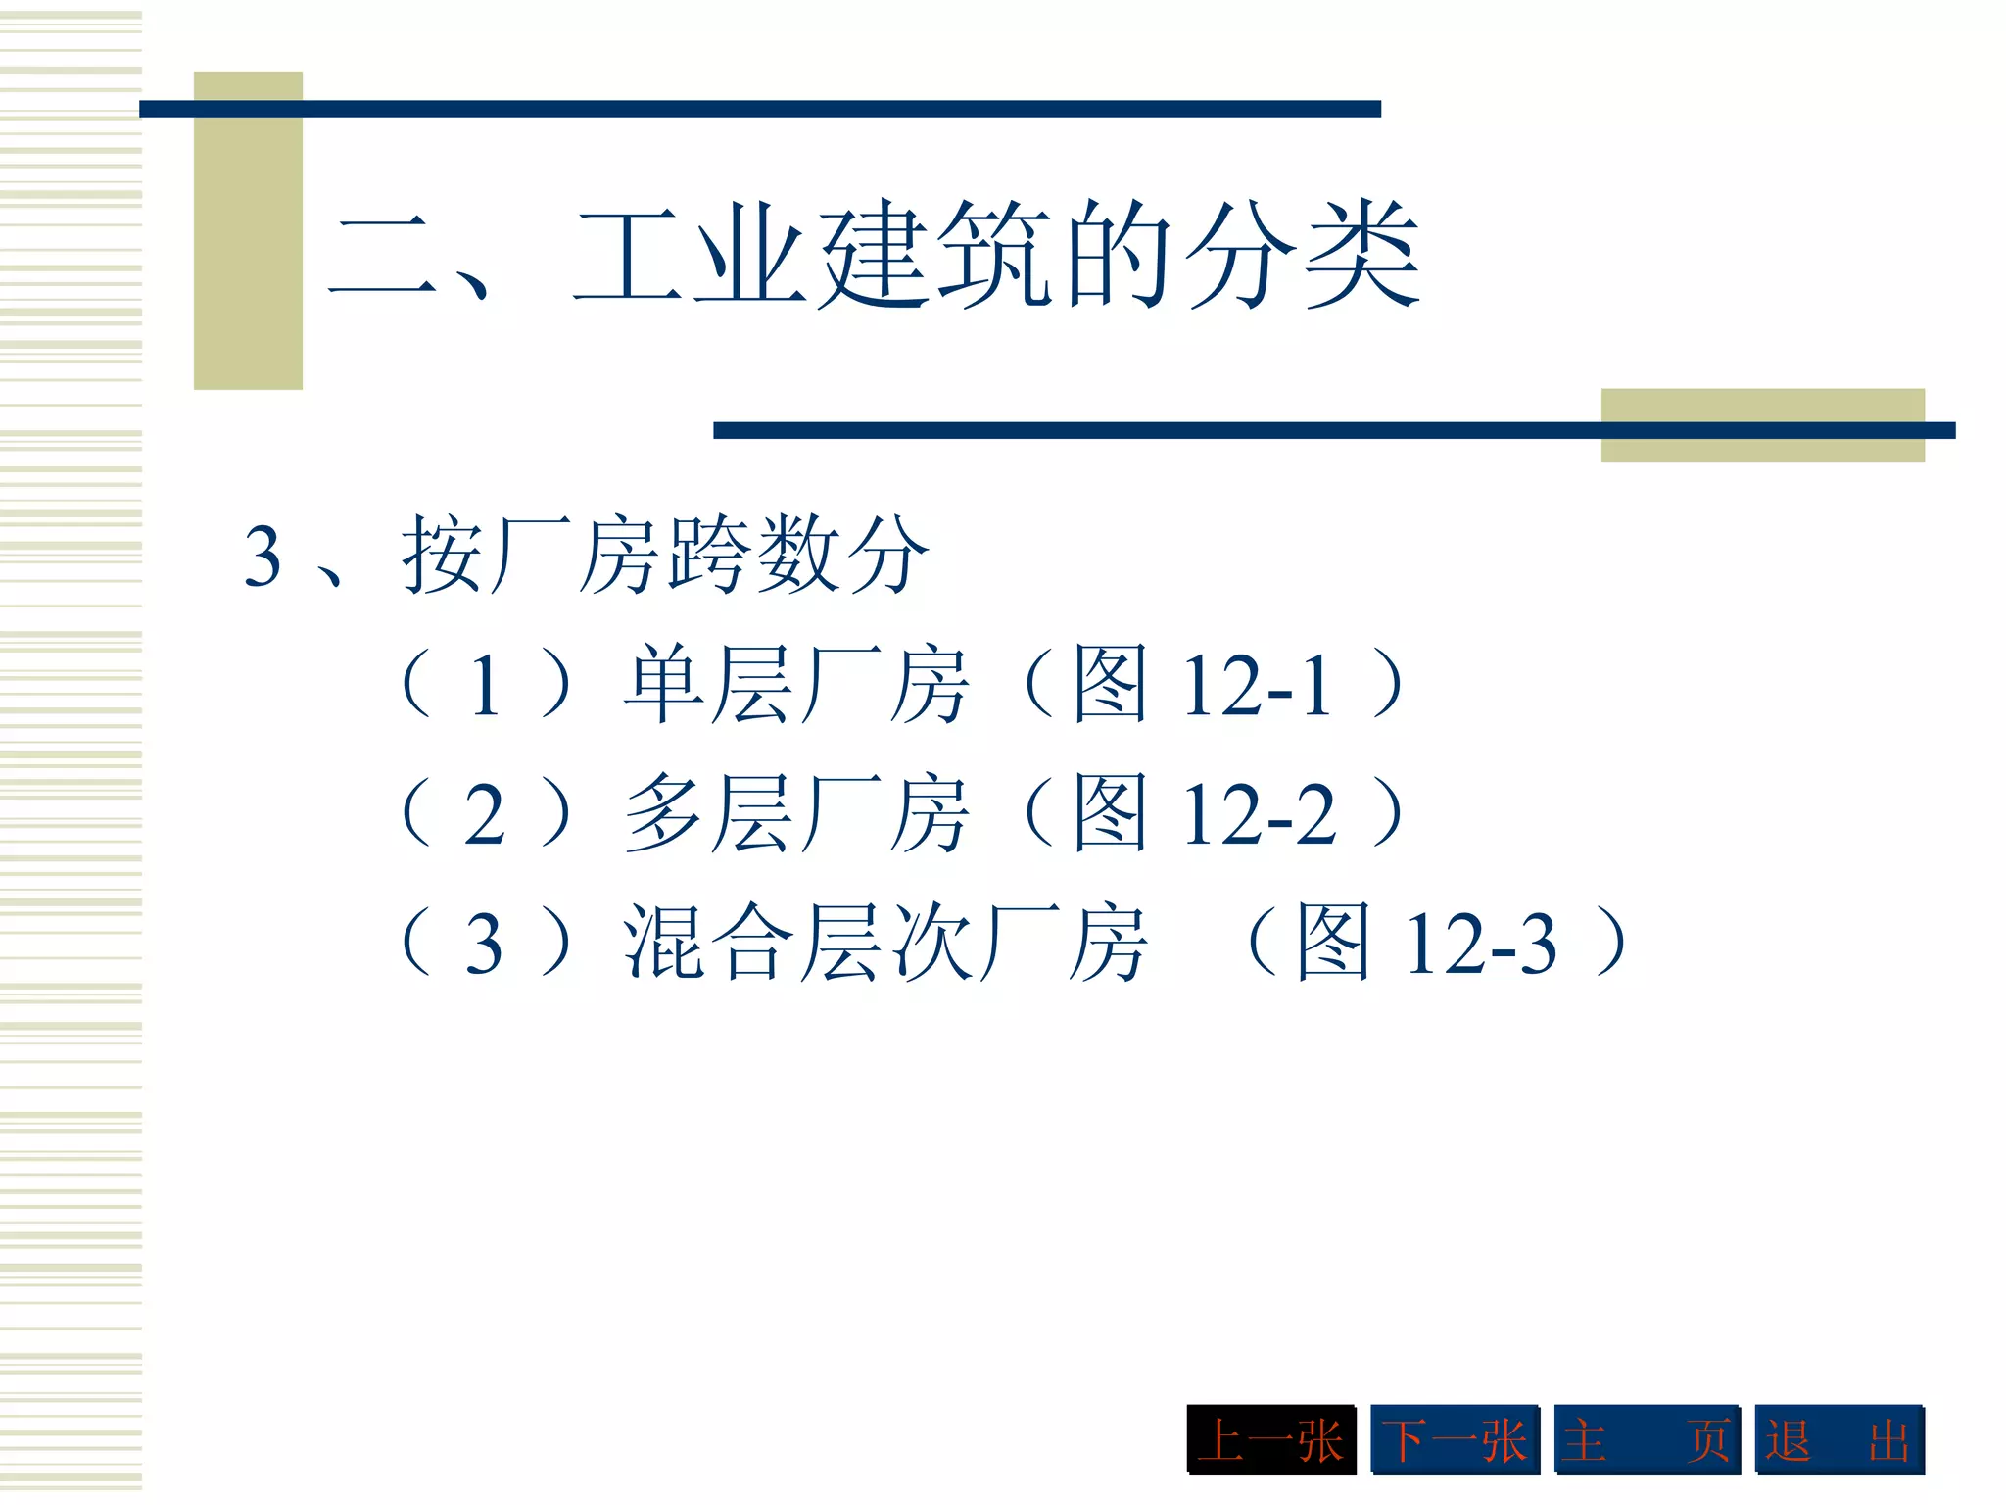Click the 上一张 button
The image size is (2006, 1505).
1270,1439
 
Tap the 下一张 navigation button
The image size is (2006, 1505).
1455,1439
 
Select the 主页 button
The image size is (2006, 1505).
1647,1439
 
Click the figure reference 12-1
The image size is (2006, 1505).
1258,687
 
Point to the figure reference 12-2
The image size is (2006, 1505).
1260,814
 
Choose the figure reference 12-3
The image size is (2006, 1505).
1481,944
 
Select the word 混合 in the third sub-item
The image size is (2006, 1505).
707,943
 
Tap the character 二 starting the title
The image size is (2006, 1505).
382,257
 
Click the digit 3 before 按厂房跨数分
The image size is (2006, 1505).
263,557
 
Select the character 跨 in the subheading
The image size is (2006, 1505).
709,556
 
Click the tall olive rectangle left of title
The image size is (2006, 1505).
248,230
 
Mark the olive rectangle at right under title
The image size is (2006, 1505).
1762,425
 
